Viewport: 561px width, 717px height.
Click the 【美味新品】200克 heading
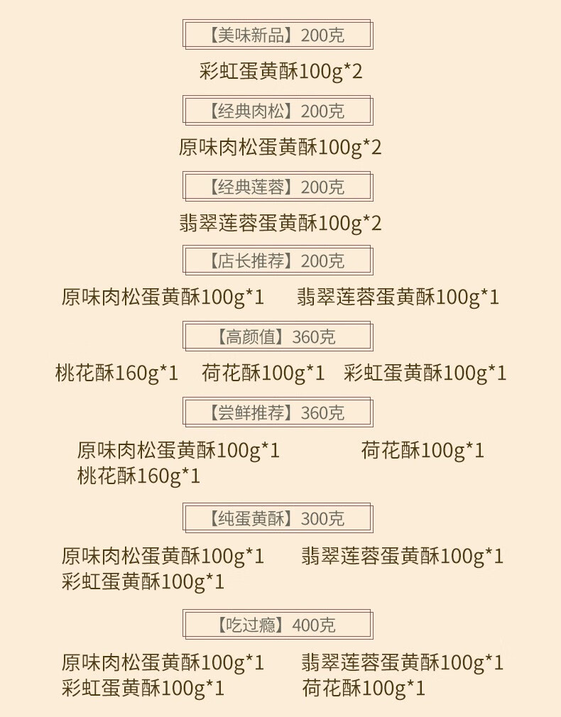tap(278, 35)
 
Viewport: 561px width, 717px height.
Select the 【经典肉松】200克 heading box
tap(278, 111)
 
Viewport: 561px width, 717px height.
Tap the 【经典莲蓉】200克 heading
tap(278, 187)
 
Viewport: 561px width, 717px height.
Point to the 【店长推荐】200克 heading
tap(278, 261)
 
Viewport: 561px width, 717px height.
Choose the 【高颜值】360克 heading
tap(278, 336)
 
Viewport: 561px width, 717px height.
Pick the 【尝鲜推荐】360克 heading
tap(278, 412)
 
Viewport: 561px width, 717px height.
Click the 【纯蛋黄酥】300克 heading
tap(278, 518)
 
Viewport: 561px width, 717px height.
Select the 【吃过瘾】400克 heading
tap(278, 625)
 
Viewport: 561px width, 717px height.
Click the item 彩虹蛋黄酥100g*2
tap(280, 72)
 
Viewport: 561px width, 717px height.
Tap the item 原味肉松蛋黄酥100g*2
tap(280, 148)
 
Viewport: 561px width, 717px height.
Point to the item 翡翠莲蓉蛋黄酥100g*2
tap(280, 224)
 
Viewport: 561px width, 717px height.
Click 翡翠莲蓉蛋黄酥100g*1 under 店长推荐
tap(398, 297)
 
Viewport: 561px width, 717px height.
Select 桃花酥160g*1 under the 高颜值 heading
tap(116, 373)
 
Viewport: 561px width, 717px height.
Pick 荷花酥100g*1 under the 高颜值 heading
tap(263, 373)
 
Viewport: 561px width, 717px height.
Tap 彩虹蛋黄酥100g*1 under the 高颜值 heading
tap(425, 373)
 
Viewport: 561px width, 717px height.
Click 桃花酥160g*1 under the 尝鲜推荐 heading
tap(138, 476)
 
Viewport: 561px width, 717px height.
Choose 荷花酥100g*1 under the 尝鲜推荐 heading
tap(423, 450)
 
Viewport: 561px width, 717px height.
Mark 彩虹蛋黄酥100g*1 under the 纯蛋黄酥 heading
tap(143, 582)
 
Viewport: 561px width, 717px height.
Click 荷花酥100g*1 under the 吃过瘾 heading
tap(363, 688)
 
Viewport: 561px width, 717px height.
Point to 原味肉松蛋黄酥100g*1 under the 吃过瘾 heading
tap(163, 663)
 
